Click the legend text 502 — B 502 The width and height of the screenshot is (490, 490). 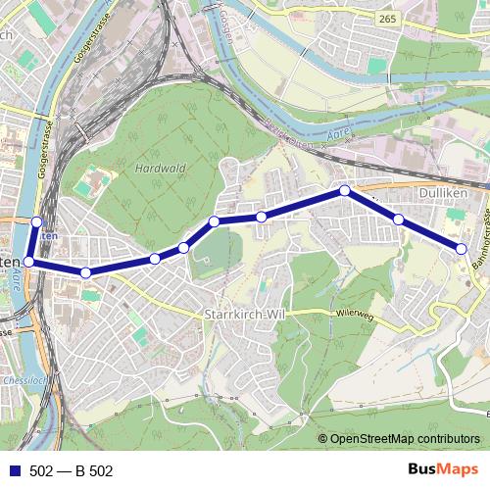72,471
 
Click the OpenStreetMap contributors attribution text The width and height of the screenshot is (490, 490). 405,438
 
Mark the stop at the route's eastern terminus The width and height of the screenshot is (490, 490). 462,249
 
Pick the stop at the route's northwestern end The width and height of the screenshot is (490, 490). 37,221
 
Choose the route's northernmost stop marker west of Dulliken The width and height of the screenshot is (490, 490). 345,190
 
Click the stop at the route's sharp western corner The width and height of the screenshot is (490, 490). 29,262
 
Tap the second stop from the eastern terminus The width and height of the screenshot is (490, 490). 399,219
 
